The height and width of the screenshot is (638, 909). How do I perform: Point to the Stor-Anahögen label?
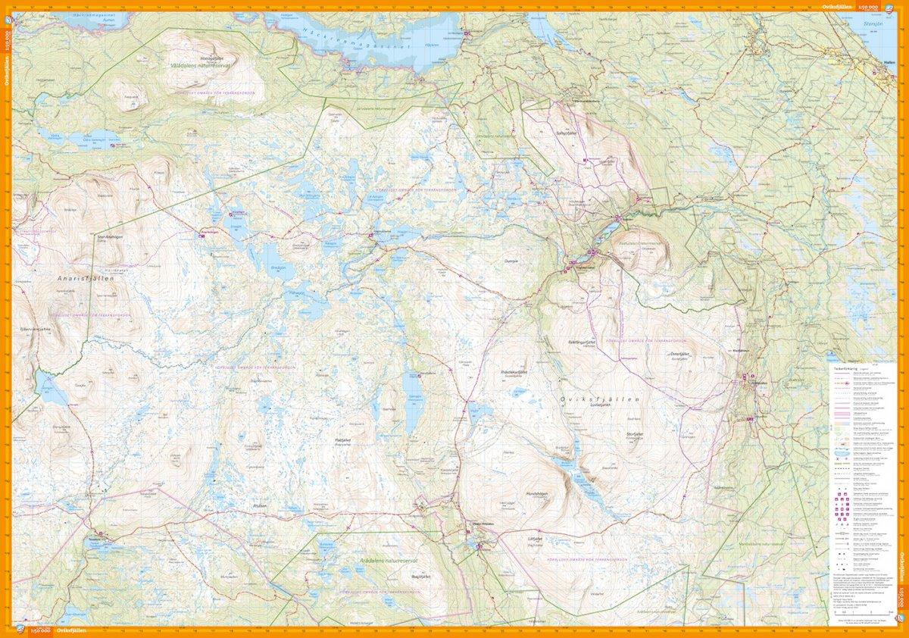[111, 236]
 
